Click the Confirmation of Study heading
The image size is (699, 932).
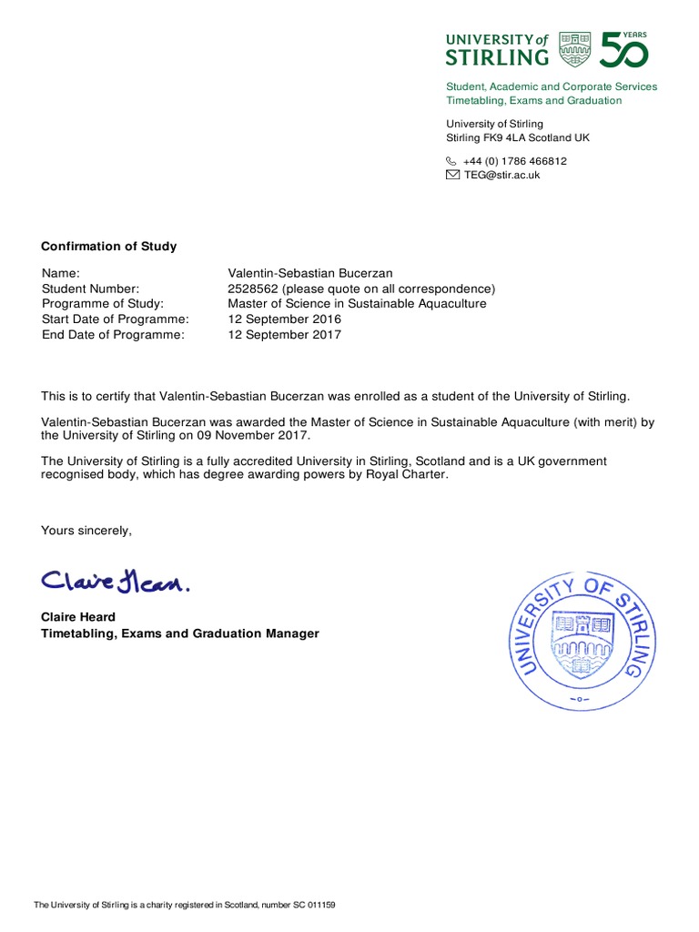click(109, 247)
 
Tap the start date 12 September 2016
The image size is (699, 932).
click(284, 319)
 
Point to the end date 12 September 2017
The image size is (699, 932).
click(284, 335)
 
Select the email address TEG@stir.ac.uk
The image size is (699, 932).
click(501, 175)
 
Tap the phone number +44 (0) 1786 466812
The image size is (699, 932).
click(514, 161)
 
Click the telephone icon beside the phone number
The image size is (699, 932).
click(451, 161)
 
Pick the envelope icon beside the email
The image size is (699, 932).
click(452, 175)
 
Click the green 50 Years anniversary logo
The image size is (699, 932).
click(623, 48)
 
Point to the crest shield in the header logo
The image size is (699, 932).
click(574, 48)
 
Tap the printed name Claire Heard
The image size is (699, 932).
click(78, 617)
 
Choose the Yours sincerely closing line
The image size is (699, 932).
click(86, 531)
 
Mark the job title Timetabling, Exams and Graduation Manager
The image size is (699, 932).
click(180, 633)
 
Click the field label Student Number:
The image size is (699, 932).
click(90, 289)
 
